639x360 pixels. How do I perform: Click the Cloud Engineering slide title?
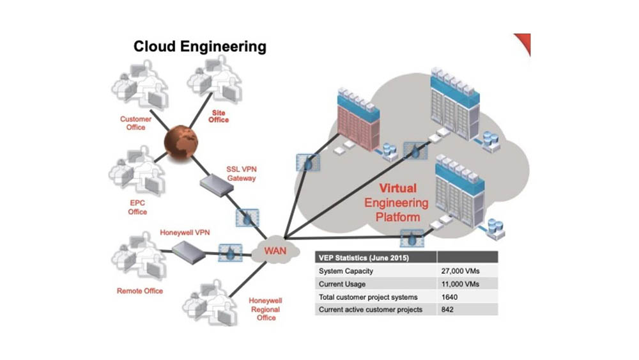(x=199, y=47)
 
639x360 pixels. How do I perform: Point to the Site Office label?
(x=219, y=116)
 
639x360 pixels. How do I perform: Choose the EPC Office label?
(x=137, y=207)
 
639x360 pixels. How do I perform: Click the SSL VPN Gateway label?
(x=241, y=173)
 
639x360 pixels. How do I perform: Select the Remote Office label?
(x=140, y=291)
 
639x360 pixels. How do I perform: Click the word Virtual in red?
(x=398, y=189)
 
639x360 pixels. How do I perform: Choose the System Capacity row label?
(x=345, y=270)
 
